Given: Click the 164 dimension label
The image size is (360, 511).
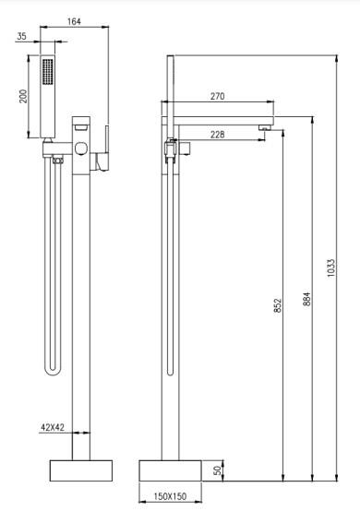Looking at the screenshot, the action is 74,21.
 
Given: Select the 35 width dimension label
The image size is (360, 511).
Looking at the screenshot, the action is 21,36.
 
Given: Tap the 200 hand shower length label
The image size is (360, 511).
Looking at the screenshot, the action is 23,96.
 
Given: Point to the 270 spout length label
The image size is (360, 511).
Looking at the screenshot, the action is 217,97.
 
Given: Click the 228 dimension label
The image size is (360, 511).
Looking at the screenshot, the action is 217,135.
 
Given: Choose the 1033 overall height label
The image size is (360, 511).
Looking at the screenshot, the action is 330,267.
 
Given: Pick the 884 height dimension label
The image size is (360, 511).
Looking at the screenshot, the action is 306,299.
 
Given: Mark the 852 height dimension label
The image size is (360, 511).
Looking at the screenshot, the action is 278,305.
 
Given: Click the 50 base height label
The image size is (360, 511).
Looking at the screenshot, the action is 218,470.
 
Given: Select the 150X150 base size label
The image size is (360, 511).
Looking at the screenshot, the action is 170,496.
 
